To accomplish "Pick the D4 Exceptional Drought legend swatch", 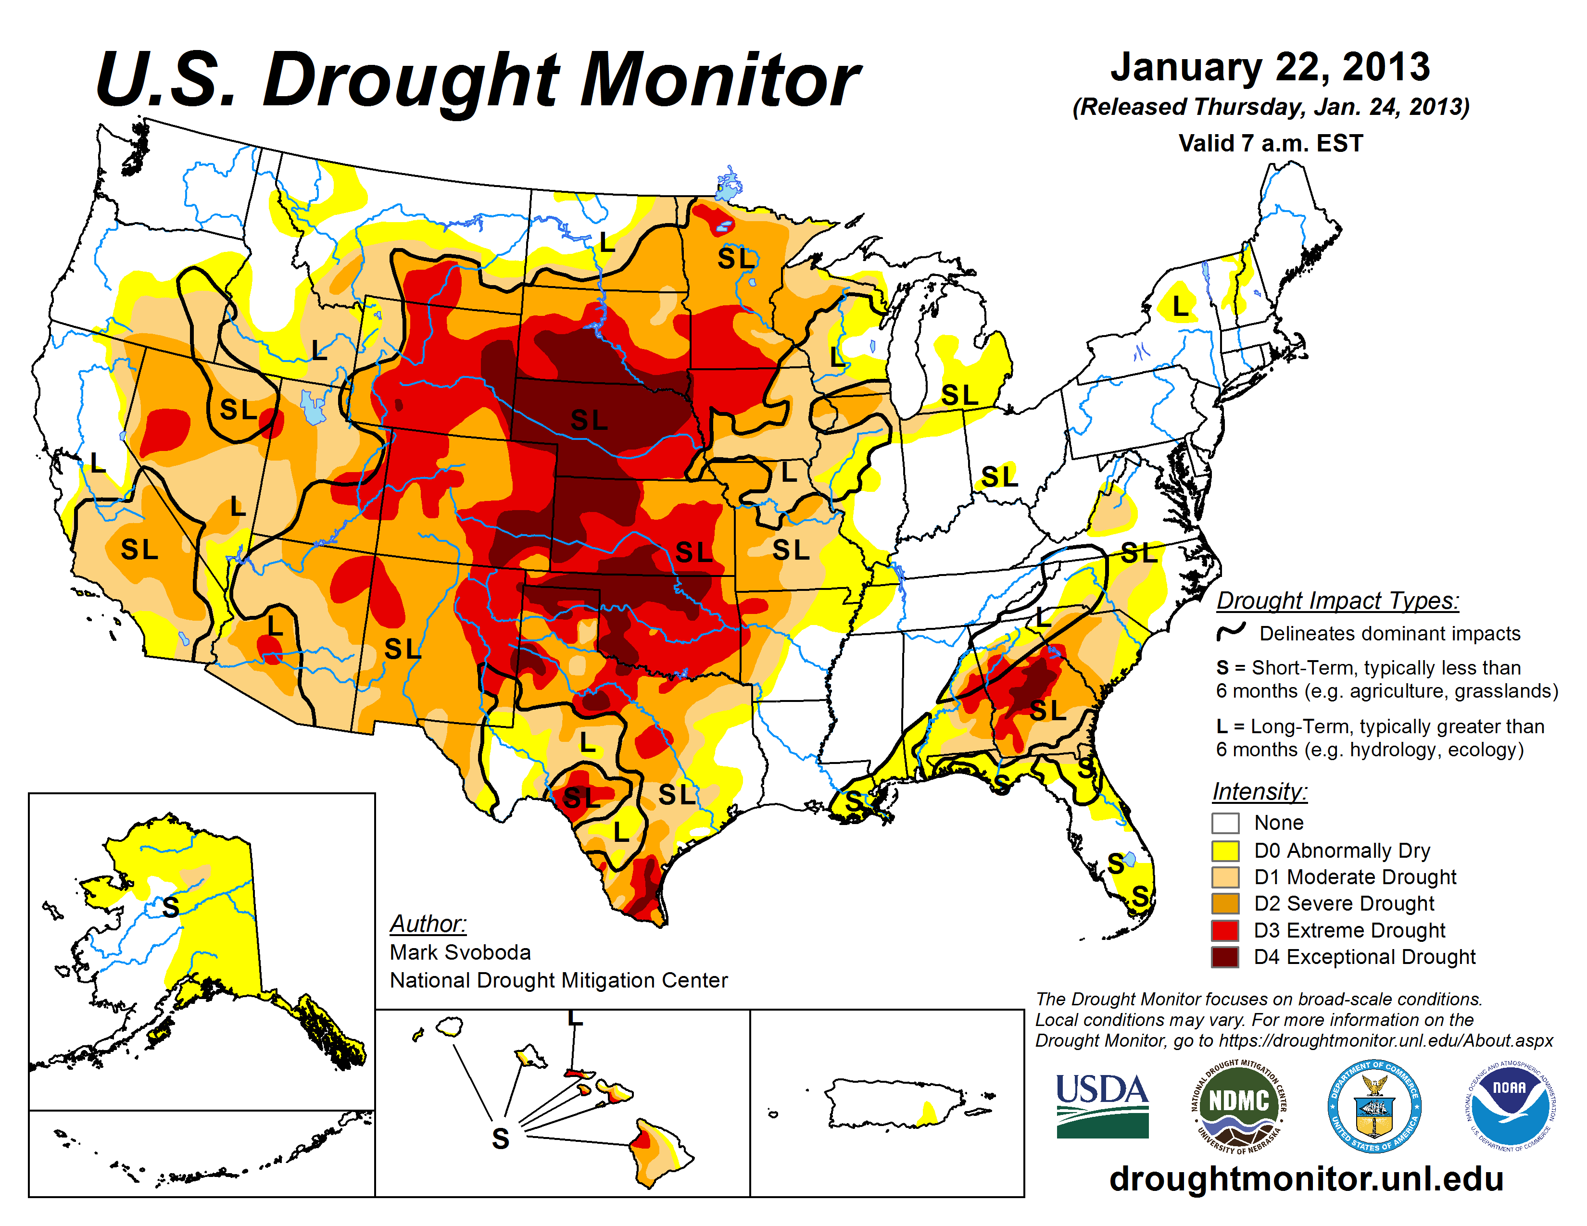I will [1225, 957].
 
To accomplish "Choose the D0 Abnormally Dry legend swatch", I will [1225, 851].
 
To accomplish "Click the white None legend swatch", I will [1225, 823].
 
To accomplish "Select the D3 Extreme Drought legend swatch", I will [1225, 930].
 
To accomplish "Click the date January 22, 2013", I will [1270, 67].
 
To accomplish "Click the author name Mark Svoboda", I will [460, 952].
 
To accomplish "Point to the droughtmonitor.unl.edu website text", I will [1306, 1179].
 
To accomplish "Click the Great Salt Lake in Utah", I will [313, 408].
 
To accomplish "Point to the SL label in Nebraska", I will [589, 420].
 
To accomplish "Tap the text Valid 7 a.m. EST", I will [1270, 143].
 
